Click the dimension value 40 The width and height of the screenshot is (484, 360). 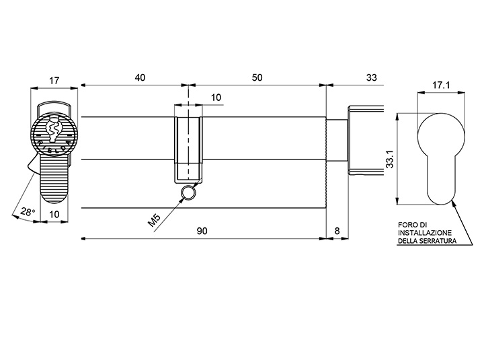[140, 77]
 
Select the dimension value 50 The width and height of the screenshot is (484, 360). [257, 77]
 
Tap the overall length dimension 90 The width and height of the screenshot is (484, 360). [202, 231]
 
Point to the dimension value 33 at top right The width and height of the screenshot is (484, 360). [372, 77]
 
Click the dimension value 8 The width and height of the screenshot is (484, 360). [337, 231]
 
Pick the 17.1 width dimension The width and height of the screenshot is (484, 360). [441, 85]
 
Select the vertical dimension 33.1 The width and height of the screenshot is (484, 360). [390, 159]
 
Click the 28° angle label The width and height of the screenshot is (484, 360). [28, 212]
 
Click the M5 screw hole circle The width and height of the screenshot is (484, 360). [188, 193]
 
